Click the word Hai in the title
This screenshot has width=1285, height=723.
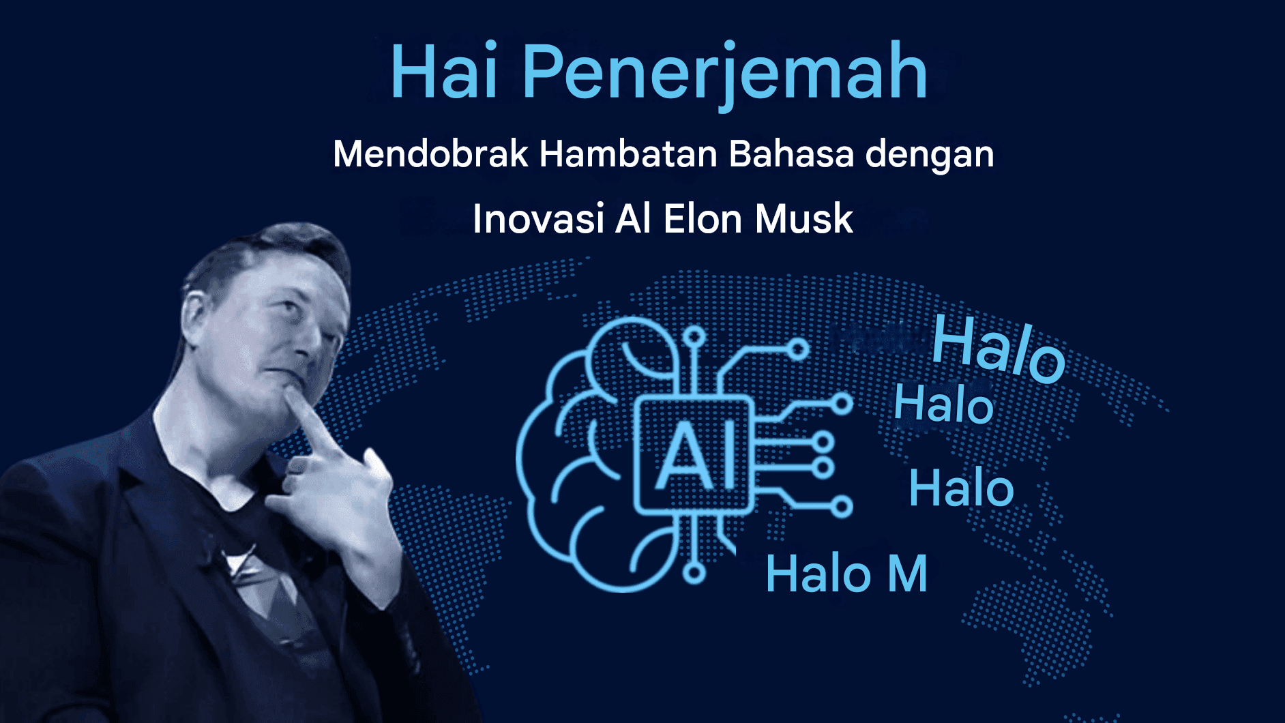(x=444, y=71)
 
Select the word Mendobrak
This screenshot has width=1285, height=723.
(x=430, y=153)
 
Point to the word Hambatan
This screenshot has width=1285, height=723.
(x=628, y=153)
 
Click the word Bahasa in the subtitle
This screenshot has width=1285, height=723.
(x=791, y=153)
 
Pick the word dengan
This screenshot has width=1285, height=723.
(x=930, y=156)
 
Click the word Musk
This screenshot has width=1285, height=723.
(x=804, y=219)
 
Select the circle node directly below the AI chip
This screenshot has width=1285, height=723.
(x=694, y=574)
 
